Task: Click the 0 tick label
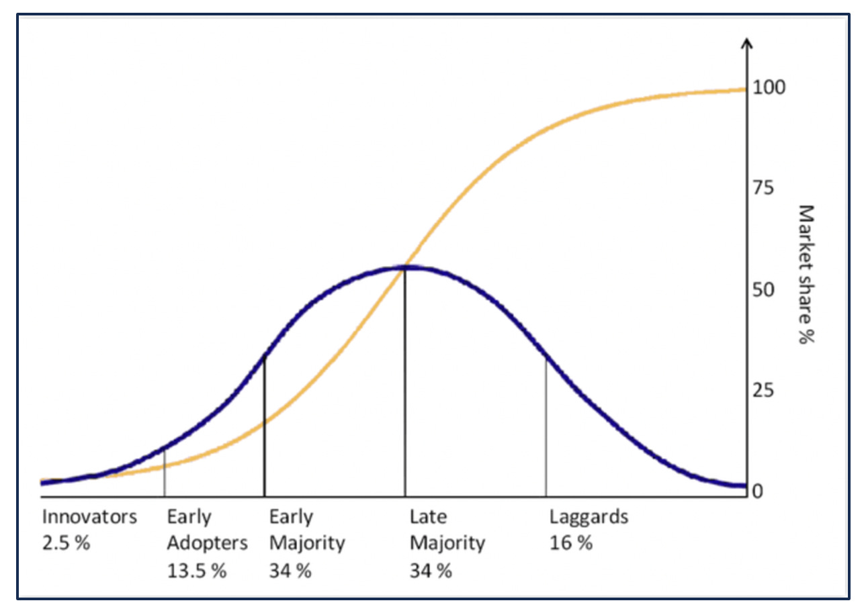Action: click(x=758, y=491)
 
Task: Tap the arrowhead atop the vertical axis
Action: click(x=746, y=44)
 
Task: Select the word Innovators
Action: click(x=89, y=517)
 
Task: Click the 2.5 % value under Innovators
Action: click(x=66, y=543)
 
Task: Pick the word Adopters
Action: click(x=207, y=543)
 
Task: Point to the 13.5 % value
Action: click(x=197, y=571)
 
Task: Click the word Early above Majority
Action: click(x=291, y=517)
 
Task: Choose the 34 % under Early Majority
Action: click(x=290, y=571)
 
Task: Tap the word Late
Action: click(x=428, y=517)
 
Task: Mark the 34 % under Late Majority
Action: click(x=431, y=571)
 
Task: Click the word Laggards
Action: click(x=589, y=517)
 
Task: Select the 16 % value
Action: click(x=570, y=543)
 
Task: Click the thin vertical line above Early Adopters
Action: click(x=165, y=473)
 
